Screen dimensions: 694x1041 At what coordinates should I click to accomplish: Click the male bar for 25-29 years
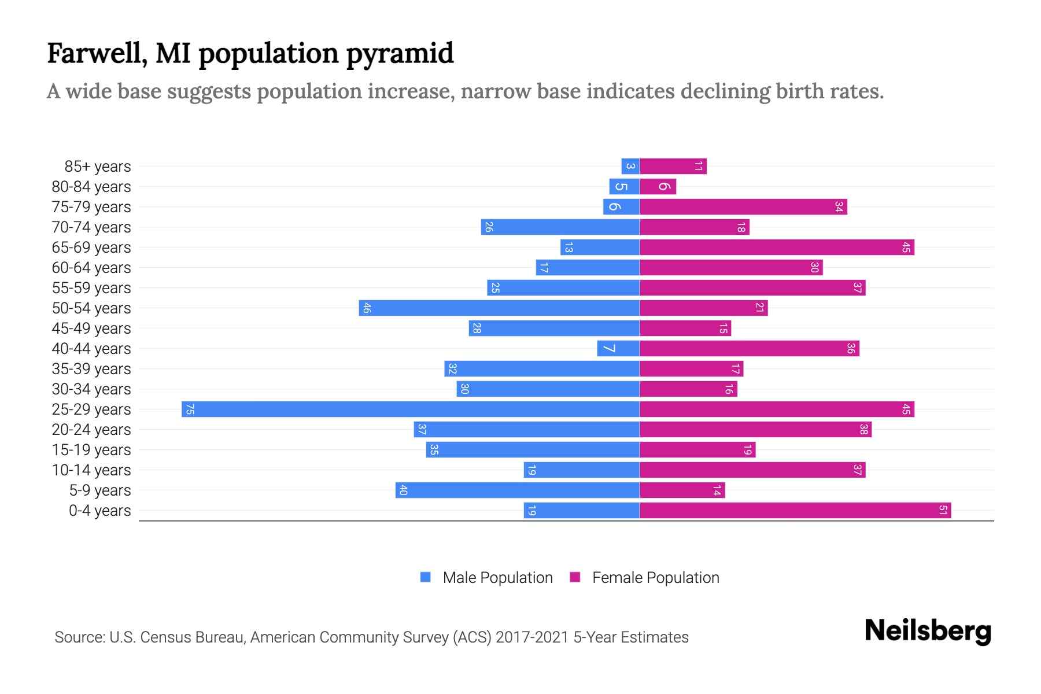click(x=411, y=409)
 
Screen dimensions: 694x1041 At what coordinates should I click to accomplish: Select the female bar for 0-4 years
click(x=795, y=510)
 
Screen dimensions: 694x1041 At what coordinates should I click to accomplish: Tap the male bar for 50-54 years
click(x=499, y=308)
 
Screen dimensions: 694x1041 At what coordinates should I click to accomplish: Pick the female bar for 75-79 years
click(x=743, y=206)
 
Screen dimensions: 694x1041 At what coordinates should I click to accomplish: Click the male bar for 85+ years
click(x=630, y=166)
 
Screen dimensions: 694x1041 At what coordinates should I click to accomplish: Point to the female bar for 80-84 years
click(x=658, y=186)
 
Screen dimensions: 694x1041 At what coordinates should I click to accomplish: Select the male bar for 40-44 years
click(x=618, y=348)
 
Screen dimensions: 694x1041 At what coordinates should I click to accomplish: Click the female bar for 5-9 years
click(x=682, y=490)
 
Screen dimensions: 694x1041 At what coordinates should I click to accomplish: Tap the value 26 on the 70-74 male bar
click(x=489, y=227)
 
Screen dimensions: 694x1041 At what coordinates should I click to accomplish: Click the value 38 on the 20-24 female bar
click(x=863, y=429)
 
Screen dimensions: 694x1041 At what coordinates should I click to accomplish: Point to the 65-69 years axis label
click(x=91, y=248)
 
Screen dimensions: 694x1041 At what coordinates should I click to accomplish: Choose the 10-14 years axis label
click(x=91, y=470)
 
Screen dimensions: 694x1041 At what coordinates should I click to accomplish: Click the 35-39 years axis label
click(x=91, y=369)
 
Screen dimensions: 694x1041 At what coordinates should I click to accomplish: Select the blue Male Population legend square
click(x=426, y=577)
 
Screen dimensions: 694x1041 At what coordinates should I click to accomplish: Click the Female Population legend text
click(x=655, y=577)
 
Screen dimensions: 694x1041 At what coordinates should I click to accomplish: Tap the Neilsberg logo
click(x=928, y=631)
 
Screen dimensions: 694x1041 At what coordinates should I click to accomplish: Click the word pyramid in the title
click(x=400, y=54)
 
